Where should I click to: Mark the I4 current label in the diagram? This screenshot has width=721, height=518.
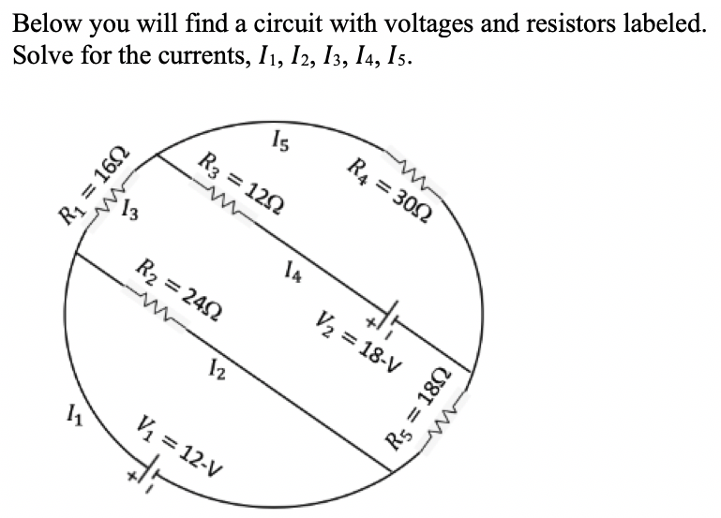(292, 273)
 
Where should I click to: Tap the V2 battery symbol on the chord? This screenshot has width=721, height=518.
(392, 311)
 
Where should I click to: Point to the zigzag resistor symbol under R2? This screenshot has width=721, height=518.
(156, 305)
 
